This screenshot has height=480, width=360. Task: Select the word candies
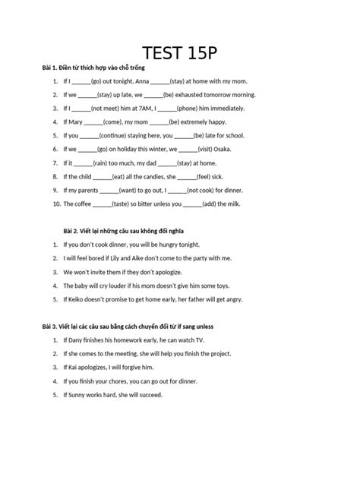[154, 176]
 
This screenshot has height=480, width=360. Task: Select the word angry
[232, 299]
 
